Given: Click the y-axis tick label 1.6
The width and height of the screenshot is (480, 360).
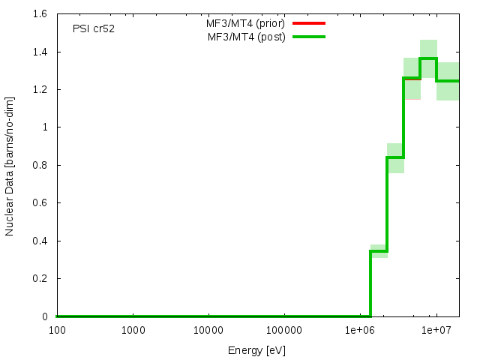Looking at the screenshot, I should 41,14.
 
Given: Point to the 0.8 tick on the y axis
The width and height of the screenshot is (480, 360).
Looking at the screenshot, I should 41,165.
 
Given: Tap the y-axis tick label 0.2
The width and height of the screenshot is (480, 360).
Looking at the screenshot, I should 41,278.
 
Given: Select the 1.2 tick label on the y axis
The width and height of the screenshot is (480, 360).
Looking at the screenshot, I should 41,89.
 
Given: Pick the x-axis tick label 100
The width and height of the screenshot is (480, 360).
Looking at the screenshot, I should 56,330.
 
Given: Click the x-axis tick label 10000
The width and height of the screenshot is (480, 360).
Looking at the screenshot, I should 208,330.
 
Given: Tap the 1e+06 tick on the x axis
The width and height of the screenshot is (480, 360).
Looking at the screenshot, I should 359,330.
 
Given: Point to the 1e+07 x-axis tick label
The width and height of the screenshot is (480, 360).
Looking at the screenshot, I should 436,330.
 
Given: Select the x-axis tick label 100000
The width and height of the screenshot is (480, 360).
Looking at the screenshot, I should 283,330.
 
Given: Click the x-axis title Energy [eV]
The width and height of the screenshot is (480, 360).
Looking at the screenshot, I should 257,350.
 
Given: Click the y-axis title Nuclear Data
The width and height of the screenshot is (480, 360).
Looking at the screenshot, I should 10,165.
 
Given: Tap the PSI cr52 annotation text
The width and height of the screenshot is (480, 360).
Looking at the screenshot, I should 94,29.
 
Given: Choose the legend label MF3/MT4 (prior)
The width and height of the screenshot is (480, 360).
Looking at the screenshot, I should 246,23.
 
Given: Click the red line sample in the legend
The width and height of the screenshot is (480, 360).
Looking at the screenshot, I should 309,23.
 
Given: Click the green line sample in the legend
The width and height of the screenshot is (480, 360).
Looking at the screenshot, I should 309,37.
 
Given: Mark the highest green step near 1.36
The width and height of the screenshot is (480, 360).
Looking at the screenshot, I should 428,58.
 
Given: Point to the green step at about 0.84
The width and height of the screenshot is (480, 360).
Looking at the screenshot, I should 395,157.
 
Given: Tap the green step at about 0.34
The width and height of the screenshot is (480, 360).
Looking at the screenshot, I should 379,251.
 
